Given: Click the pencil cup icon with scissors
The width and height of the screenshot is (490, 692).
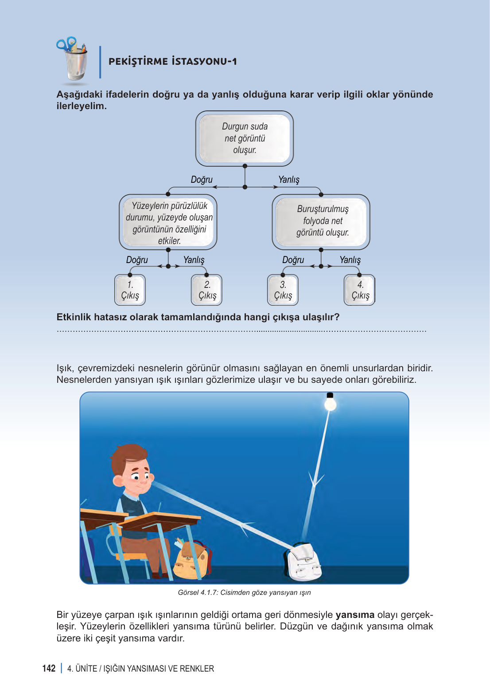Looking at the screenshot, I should point(73,60).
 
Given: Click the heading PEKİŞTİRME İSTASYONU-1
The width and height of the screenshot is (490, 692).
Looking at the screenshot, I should point(173,62).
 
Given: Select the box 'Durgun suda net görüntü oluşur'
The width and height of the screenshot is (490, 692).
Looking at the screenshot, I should point(245,138).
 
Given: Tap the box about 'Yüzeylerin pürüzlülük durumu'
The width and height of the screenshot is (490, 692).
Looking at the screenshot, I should point(168,223).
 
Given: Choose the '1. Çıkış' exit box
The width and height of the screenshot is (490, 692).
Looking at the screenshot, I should point(130,290).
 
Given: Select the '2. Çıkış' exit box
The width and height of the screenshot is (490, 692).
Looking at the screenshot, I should point(207,290).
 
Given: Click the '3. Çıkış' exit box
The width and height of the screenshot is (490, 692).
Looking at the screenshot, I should point(283,290).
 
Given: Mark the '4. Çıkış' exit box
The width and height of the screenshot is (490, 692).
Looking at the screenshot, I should point(360,290).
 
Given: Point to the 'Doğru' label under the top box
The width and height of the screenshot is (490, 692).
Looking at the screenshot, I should point(202,180).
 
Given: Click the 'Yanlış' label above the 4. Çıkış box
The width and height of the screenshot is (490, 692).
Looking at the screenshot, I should point(350,260).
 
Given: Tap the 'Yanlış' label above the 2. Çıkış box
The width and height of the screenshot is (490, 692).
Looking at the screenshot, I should point(194,260).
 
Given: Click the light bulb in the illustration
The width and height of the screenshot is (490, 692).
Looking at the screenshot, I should point(330,402).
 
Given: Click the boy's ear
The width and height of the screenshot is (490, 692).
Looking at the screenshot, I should point(119,480).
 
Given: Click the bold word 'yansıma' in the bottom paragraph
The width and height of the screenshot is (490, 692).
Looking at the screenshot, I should point(355,615).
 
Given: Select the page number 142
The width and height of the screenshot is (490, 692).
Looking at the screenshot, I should point(49,668).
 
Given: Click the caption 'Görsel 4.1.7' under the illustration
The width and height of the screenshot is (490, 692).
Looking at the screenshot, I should point(245,593).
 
